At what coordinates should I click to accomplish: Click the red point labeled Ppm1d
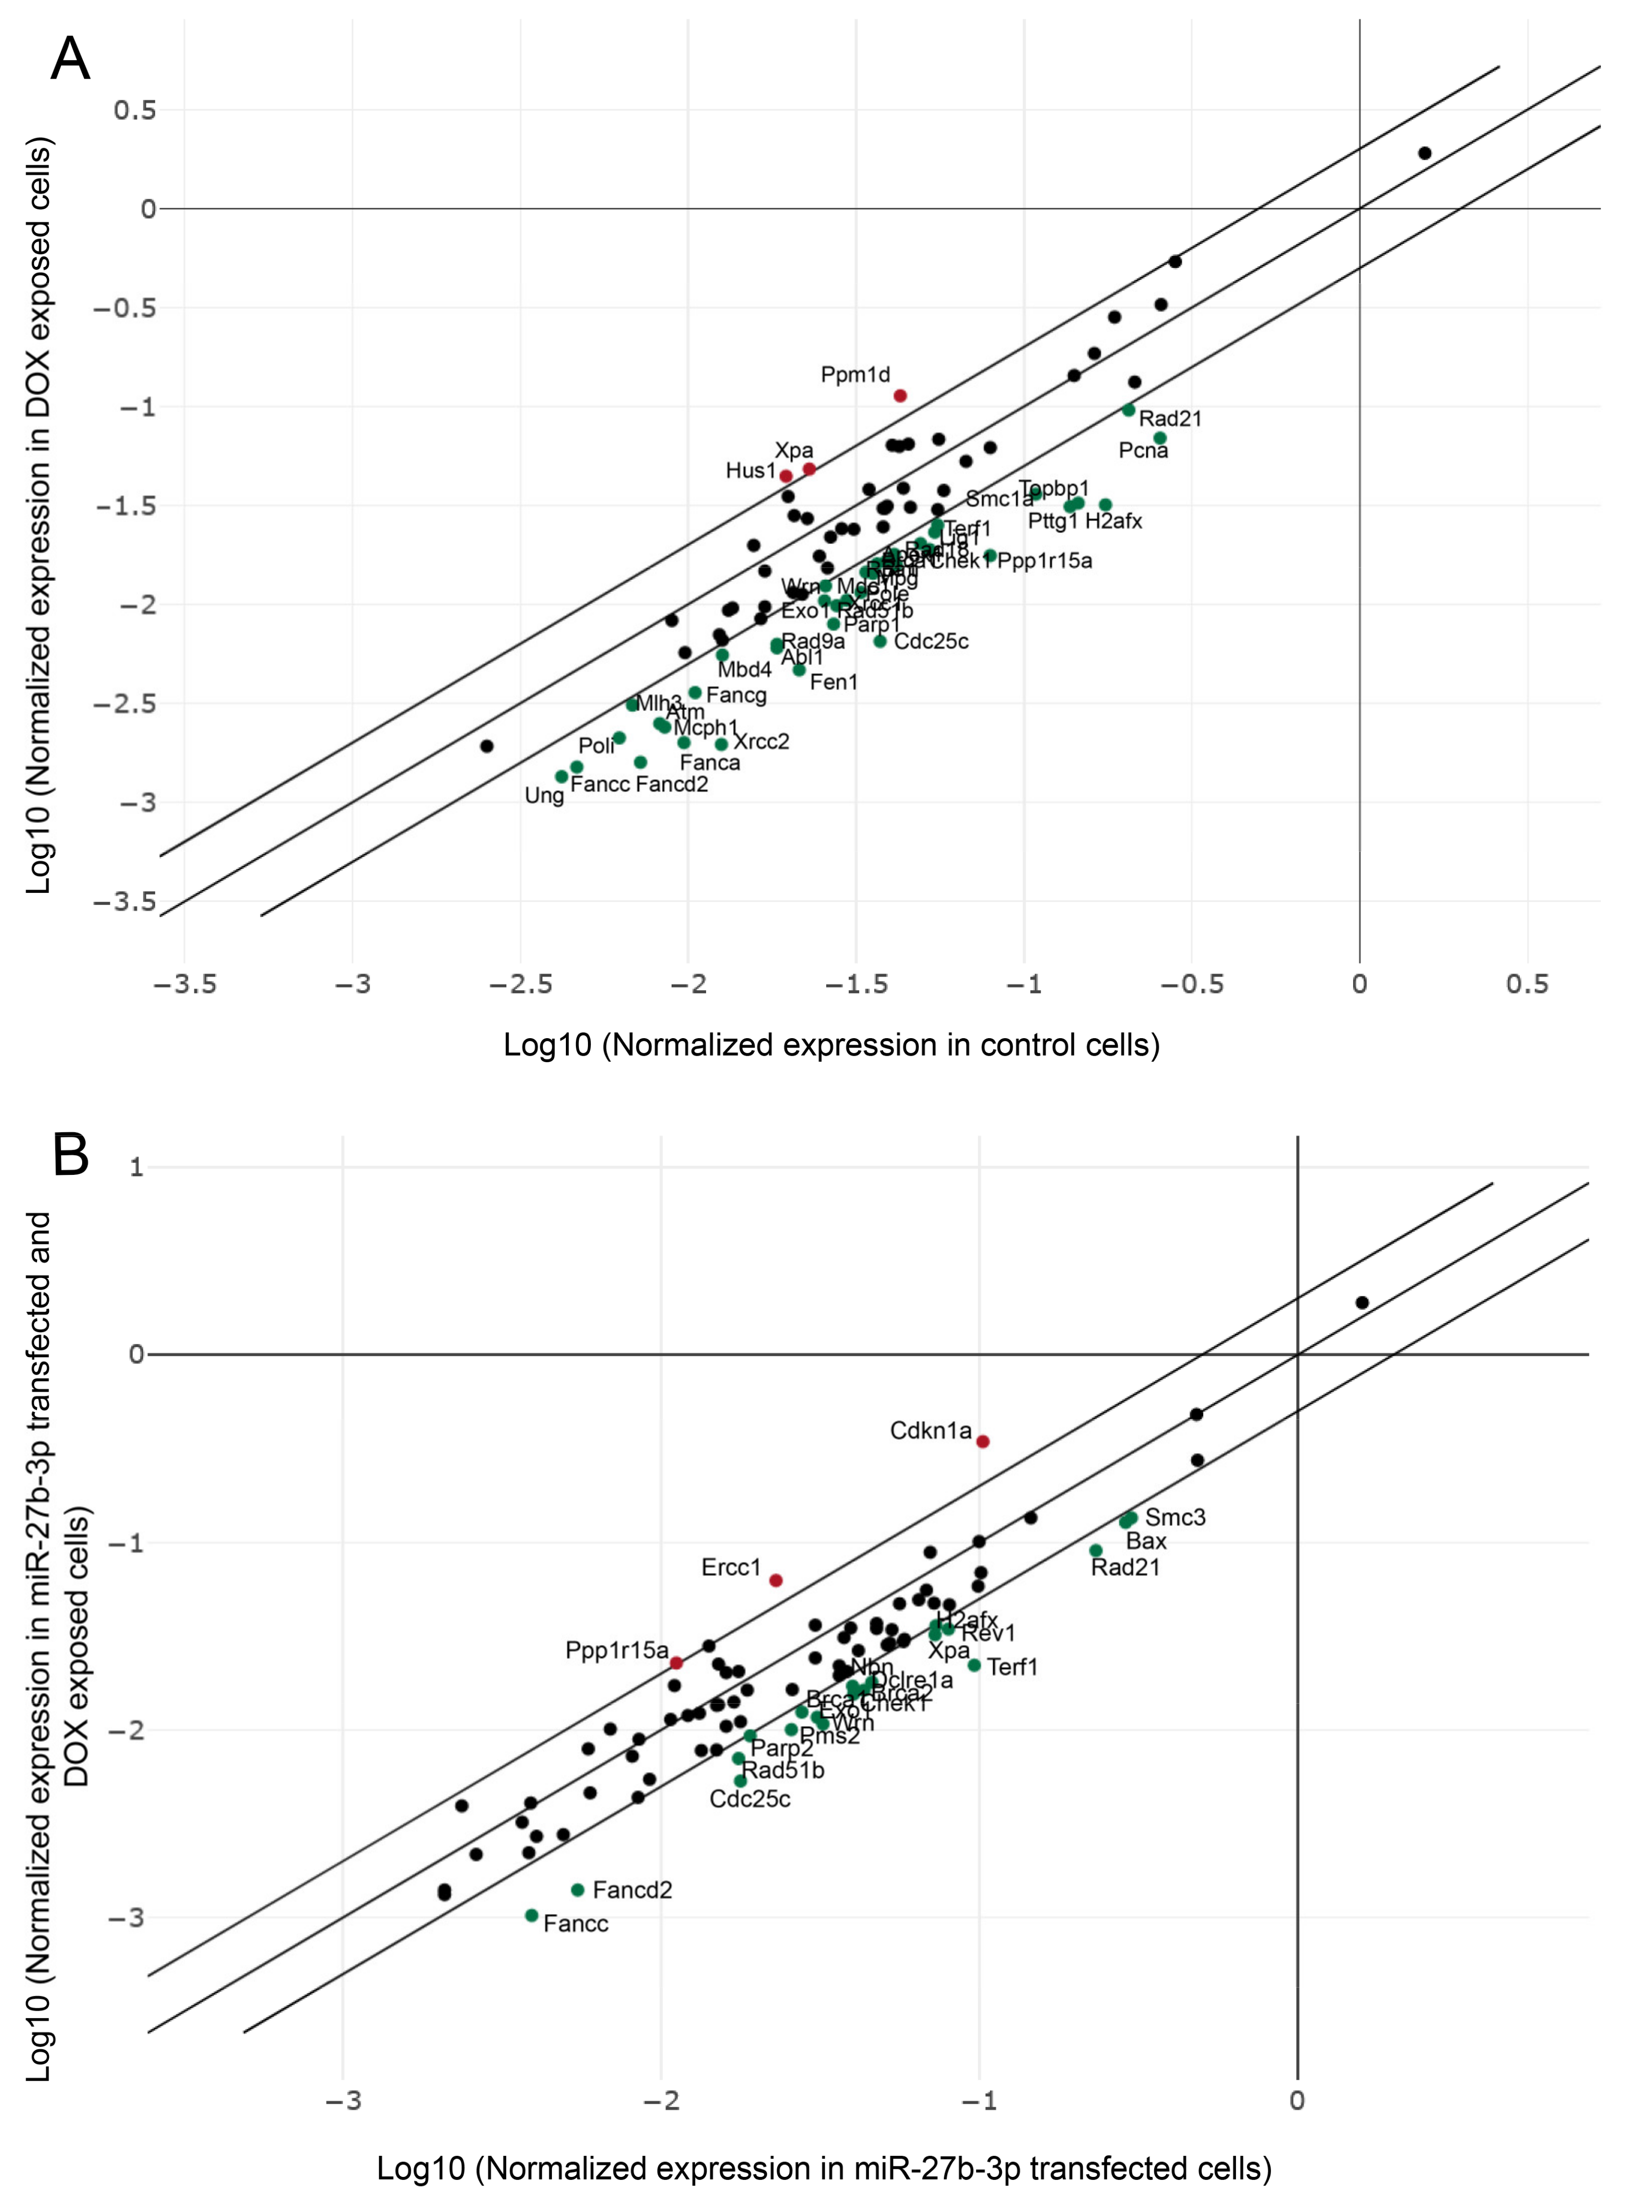coord(899,396)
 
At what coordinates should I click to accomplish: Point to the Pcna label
coord(1143,450)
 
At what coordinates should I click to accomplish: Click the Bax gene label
coord(1146,1541)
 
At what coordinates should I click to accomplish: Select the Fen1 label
coord(833,682)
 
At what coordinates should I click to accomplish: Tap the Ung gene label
coord(544,795)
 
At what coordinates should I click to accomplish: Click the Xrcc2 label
coord(761,742)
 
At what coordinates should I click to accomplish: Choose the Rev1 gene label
coord(989,1634)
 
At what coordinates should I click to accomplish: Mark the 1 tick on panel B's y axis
coord(136,1167)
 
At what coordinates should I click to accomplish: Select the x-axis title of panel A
coord(831,1045)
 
